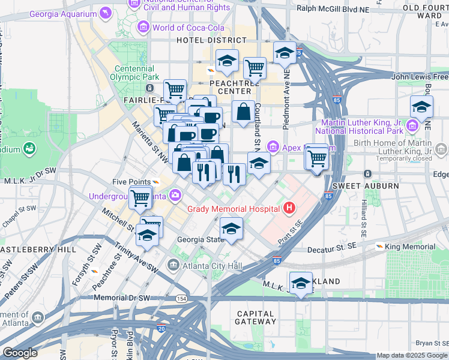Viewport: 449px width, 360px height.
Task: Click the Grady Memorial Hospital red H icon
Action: click(x=289, y=208)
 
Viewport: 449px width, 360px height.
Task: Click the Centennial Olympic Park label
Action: click(x=135, y=73)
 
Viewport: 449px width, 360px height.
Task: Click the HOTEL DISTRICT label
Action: click(x=208, y=40)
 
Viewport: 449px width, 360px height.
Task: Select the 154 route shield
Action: click(x=180, y=298)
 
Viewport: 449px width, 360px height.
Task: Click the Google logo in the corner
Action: click(x=20, y=353)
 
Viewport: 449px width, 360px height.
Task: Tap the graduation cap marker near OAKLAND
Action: click(x=301, y=283)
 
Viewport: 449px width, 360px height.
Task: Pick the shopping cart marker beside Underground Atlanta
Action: click(x=140, y=197)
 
